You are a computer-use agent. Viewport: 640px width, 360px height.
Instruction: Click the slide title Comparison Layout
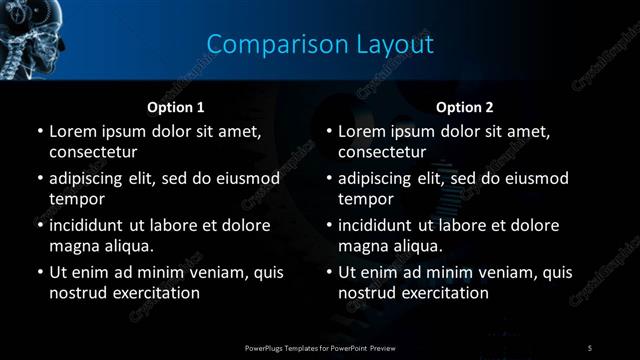(320, 44)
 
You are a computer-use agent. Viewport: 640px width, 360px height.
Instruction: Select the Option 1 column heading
(176, 107)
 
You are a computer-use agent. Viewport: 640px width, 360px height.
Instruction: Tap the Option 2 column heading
(465, 107)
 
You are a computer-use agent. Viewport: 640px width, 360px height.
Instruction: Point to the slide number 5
(590, 347)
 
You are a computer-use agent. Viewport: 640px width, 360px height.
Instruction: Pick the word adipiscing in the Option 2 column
(381, 178)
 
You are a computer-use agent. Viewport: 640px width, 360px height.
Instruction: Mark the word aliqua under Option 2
(415, 246)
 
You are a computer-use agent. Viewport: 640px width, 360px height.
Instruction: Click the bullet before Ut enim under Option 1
(39, 272)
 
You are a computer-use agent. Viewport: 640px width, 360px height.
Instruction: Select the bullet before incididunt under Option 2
(329, 225)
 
